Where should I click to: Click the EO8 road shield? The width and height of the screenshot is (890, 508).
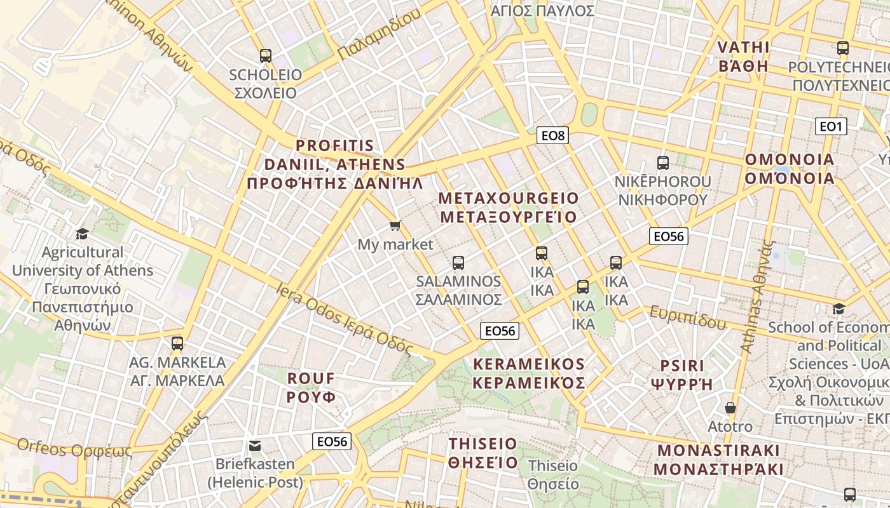(552, 135)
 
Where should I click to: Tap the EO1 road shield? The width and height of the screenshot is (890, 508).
(831, 126)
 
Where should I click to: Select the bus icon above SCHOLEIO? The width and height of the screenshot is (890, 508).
(266, 56)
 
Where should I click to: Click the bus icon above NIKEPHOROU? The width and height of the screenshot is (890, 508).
(663, 163)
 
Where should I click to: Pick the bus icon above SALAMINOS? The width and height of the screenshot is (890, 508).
(458, 262)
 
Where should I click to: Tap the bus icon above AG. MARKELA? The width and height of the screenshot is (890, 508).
(177, 344)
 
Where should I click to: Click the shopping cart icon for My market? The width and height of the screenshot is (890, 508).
(395, 225)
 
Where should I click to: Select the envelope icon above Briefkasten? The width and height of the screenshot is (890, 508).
(255, 445)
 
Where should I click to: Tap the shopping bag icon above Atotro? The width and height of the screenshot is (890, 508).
(730, 407)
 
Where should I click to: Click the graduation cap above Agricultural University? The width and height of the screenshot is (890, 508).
(82, 234)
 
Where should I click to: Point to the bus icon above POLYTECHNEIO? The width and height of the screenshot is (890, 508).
(843, 48)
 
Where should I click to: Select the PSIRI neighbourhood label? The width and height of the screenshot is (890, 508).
(682, 366)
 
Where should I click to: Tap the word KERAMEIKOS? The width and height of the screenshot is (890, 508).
(529, 364)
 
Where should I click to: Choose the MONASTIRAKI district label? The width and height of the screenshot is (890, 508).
(718, 450)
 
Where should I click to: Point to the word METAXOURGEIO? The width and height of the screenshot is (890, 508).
(509, 197)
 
